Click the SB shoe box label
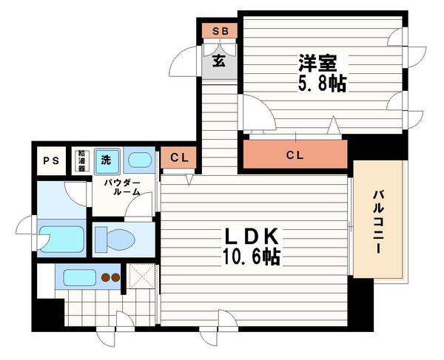pos(220,31)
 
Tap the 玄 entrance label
pos(220,61)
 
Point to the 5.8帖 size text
pos(323,81)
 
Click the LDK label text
pos(252,237)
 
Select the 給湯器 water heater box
pos(81,160)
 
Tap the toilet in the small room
pos(115,239)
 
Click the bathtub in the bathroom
pos(61,239)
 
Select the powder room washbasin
pos(138,160)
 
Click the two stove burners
pos(110,279)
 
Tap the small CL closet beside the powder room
pos(178,157)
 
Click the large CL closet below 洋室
pos(295,155)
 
